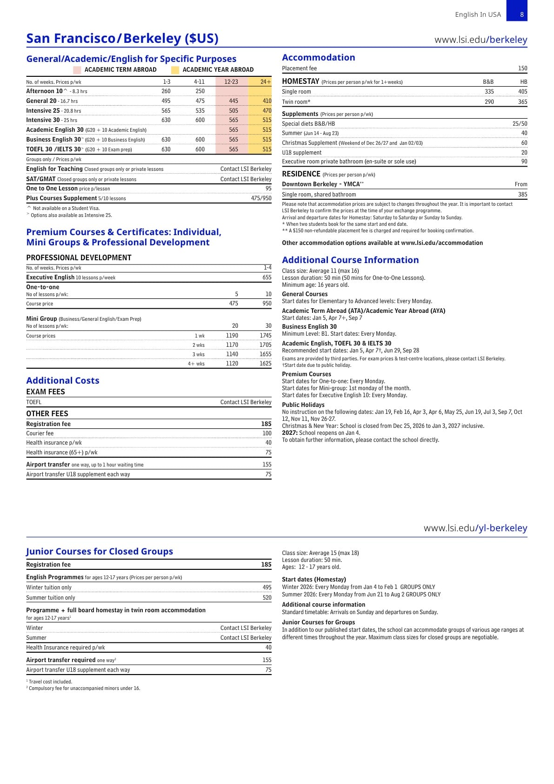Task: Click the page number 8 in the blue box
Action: [x=521, y=14]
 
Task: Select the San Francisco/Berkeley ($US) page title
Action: [x=122, y=38]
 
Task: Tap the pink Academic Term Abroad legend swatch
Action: [x=77, y=70]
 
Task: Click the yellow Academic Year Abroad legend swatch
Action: [x=175, y=70]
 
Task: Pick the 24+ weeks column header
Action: [x=265, y=82]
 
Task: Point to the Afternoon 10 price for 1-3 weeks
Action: [x=166, y=91]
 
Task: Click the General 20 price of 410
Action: [x=267, y=101]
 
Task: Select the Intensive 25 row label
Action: [x=43, y=111]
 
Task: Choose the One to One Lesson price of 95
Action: [x=268, y=189]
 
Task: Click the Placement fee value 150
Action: [x=522, y=68]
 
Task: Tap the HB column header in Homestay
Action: [x=523, y=82]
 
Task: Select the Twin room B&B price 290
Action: [x=489, y=102]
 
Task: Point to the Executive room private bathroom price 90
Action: [x=524, y=162]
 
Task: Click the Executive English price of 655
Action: [x=267, y=277]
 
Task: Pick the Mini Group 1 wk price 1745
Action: [x=266, y=336]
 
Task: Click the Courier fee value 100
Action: [x=267, y=433]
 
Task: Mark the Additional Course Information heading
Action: [x=350, y=260]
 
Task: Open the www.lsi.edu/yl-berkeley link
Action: [x=475, y=528]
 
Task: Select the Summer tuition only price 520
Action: [x=267, y=598]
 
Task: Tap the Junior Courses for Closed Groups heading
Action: [x=100, y=551]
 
